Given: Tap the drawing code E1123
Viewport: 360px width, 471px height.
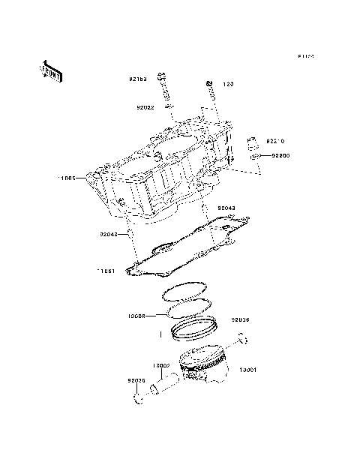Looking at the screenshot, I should point(306,56).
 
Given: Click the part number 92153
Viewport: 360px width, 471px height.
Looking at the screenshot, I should point(136,78).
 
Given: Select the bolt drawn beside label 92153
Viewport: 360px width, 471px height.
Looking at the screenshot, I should point(162,86).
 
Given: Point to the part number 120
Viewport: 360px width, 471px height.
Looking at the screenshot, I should point(228,84).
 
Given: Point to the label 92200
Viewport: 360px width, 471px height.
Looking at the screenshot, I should point(280,155).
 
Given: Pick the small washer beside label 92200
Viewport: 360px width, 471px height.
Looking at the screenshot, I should point(255,155).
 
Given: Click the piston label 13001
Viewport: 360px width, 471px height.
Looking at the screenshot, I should point(249,370).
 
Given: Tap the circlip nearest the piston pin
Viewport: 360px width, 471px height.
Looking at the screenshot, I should point(139,397).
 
